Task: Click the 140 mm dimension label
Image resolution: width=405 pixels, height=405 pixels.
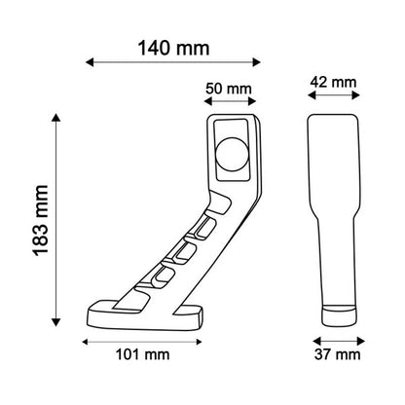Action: click(x=173, y=49)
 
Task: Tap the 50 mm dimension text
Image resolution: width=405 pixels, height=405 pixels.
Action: click(x=229, y=89)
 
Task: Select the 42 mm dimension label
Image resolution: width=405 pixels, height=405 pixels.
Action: click(x=333, y=82)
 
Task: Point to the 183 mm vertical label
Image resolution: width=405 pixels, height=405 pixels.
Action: click(x=41, y=221)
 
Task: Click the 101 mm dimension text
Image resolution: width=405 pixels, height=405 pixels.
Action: click(x=143, y=354)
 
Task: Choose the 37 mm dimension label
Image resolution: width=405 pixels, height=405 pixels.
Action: click(x=338, y=354)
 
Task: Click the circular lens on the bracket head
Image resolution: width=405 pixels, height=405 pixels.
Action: click(x=232, y=154)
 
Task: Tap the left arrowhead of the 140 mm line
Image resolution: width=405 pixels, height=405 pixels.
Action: click(x=90, y=62)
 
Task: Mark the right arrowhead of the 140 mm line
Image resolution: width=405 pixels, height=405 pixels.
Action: click(x=257, y=62)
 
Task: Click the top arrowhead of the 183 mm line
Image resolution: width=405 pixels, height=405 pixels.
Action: click(x=56, y=118)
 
